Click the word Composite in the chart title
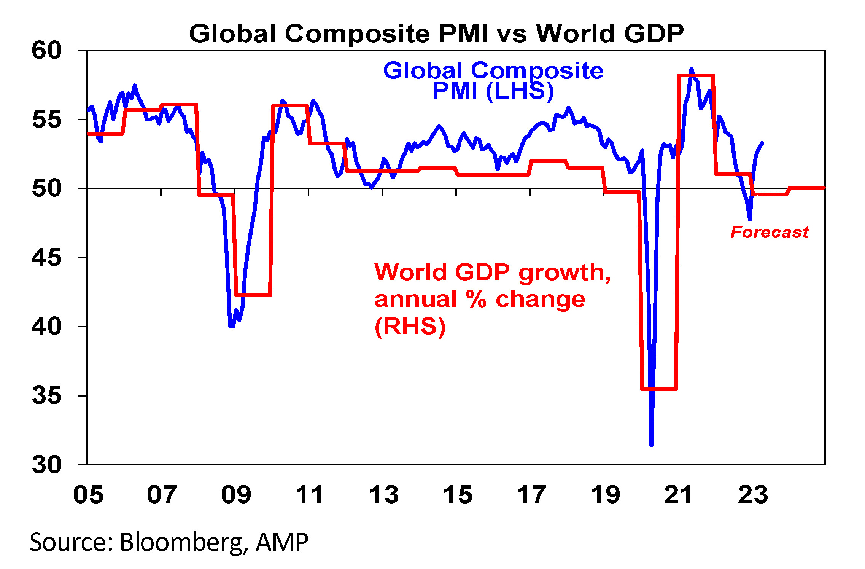click(x=357, y=34)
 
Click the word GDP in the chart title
click(x=654, y=33)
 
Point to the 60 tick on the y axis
click(x=47, y=50)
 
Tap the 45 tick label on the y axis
click(x=47, y=258)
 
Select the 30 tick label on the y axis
click(x=47, y=465)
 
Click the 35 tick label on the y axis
click(x=47, y=395)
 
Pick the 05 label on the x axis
click(x=88, y=495)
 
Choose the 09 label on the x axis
click(x=236, y=495)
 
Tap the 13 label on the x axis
click(x=384, y=495)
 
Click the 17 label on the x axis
click(x=531, y=495)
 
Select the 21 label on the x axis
click(x=679, y=495)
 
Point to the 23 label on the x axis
click(x=753, y=495)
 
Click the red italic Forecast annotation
click(x=770, y=232)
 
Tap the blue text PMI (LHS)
click(x=493, y=91)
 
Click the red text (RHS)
click(x=410, y=327)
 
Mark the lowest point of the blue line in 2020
click(x=651, y=445)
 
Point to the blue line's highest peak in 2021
click(x=691, y=69)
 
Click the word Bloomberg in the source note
click(x=181, y=542)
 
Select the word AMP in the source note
click(x=282, y=542)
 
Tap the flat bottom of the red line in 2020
click(x=659, y=389)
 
